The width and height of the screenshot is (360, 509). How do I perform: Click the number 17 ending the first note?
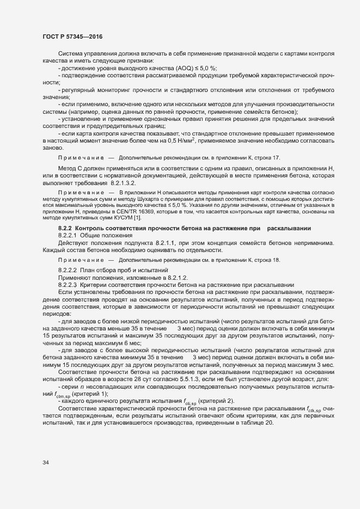[277, 142]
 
